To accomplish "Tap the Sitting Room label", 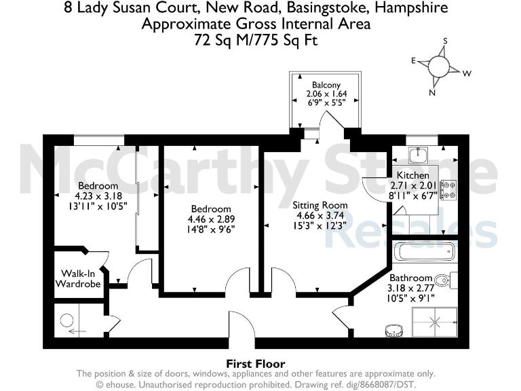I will (320, 205).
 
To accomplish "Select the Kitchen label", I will (412, 175).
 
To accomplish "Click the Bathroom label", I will (410, 278).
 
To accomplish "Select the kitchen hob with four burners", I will (448, 189).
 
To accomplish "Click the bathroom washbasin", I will (393, 331).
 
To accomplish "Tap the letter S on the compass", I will (445, 41).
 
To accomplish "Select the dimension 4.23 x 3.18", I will (98, 195).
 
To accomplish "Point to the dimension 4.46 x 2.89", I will (210, 219).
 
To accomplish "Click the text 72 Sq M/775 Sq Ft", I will (256, 41).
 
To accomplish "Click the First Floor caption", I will (255, 363).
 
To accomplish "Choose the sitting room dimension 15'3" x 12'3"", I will (320, 225).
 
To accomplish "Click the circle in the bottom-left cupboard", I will (66, 320).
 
